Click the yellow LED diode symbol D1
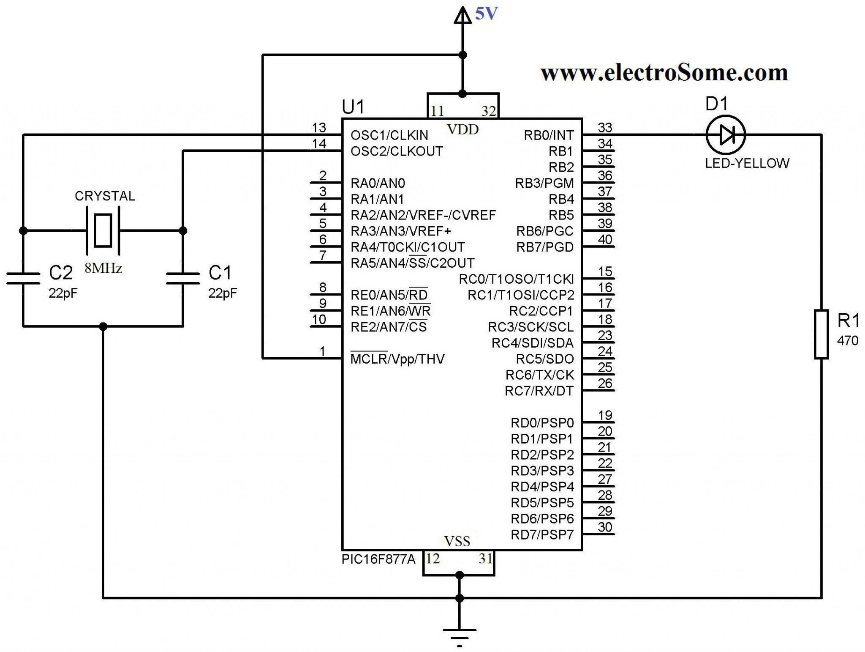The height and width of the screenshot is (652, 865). pos(726,135)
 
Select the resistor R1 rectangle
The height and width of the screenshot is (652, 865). pos(821,334)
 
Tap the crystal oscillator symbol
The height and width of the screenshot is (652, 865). pos(103,230)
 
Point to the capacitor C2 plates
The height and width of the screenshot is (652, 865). pos(23,278)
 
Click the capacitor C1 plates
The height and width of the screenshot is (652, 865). pos(183,278)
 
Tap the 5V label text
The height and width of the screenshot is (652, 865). pos(487,14)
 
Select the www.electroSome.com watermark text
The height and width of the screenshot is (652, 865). pos(664,73)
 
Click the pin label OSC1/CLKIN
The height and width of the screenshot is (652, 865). pos(389,135)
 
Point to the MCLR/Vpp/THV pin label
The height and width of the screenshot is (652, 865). pos(397,359)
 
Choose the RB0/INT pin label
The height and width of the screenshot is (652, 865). pos(549,135)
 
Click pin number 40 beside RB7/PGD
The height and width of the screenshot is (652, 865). pos(605,240)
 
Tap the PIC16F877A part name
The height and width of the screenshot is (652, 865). pos(378,559)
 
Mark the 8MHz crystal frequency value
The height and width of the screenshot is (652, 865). pos(103,268)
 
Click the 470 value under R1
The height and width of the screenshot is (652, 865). pos(847,340)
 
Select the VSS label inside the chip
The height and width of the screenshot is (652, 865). pos(457,541)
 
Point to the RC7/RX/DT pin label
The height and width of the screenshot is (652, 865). pos(539,391)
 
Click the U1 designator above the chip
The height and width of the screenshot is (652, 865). pos(353,107)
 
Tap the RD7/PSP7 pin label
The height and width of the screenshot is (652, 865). pos(542,535)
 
